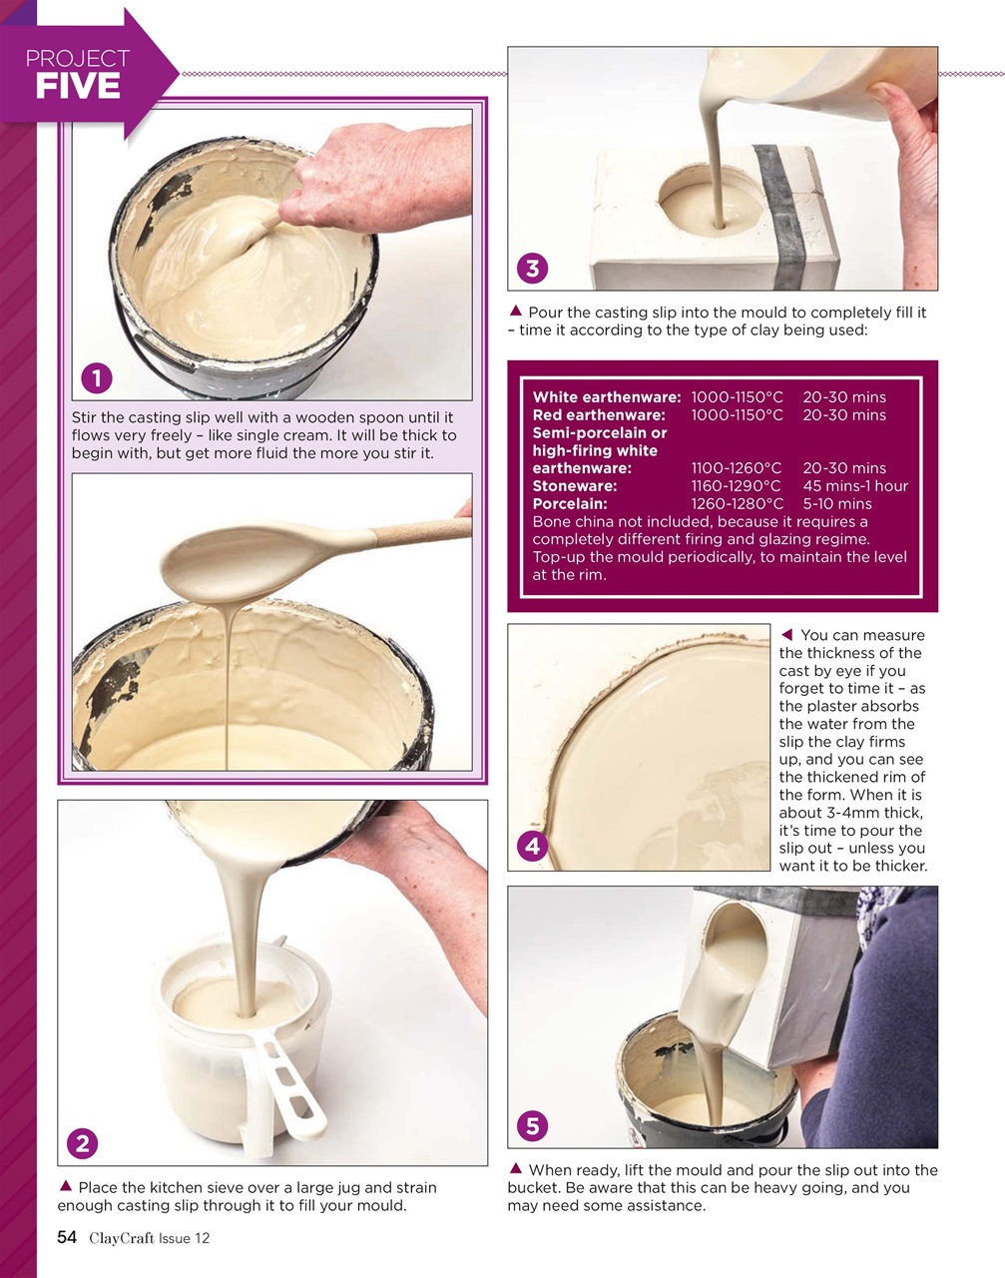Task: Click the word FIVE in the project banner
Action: pos(77,87)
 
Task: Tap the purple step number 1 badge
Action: pos(96,378)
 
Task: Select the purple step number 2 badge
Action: pos(82,1143)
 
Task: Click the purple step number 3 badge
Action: pos(532,268)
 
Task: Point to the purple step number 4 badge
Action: pos(532,847)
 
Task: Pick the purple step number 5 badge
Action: pos(532,1126)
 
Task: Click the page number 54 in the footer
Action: pos(67,1238)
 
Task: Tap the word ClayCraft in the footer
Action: pos(121,1238)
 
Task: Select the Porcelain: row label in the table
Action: pos(569,504)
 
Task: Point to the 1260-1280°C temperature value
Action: pos(737,504)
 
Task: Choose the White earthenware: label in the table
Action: pos(606,397)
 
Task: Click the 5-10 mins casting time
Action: pos(836,504)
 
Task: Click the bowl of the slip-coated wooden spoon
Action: pos(215,563)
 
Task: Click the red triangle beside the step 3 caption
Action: pos(516,312)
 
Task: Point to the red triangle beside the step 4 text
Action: pos(786,635)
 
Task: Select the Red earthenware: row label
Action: pos(598,415)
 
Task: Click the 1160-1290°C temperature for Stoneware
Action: pos(736,486)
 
